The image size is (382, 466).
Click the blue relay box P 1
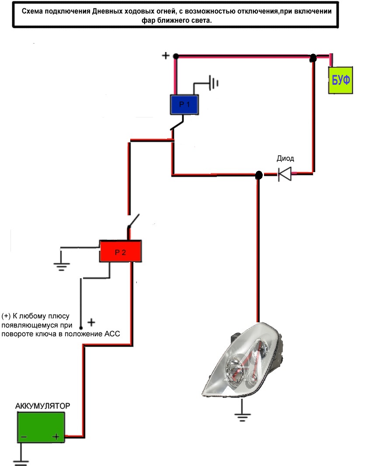[184, 105]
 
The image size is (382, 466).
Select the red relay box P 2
[120, 251]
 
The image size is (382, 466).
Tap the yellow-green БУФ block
[340, 80]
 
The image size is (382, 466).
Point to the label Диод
[285, 159]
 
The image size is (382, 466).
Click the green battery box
[41, 428]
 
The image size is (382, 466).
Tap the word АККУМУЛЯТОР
[42, 406]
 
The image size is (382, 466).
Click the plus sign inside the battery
[56, 436]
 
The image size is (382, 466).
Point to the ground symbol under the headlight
[241, 415]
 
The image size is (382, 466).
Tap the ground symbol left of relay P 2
[61, 266]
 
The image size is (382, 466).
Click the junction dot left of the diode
[258, 175]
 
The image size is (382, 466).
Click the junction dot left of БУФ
[313, 58]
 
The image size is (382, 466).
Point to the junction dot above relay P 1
[176, 56]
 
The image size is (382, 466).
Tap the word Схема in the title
[34, 12]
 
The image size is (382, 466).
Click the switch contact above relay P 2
[134, 221]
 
